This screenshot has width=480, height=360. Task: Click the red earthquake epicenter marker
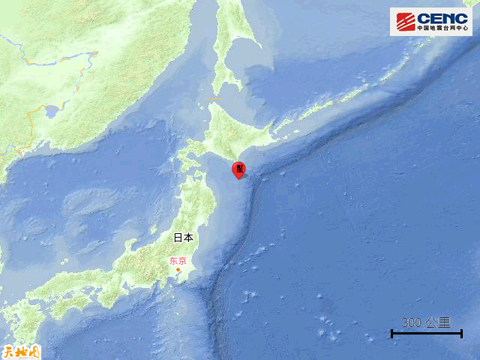(x=238, y=170)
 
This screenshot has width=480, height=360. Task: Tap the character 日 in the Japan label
(x=178, y=238)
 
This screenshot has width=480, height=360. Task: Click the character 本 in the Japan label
(x=187, y=238)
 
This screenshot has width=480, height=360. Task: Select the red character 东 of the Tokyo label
(x=173, y=261)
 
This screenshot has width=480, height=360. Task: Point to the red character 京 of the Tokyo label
(x=182, y=261)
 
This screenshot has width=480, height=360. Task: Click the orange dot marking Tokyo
(x=178, y=270)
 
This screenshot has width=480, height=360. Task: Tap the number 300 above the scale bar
(x=411, y=322)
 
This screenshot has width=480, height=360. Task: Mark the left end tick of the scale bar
(x=392, y=333)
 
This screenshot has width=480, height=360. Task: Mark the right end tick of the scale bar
(x=461, y=333)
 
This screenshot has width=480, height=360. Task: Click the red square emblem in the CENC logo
(x=405, y=20)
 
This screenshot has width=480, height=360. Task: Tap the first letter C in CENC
(x=422, y=18)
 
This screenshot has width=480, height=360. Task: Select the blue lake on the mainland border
(x=52, y=112)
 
